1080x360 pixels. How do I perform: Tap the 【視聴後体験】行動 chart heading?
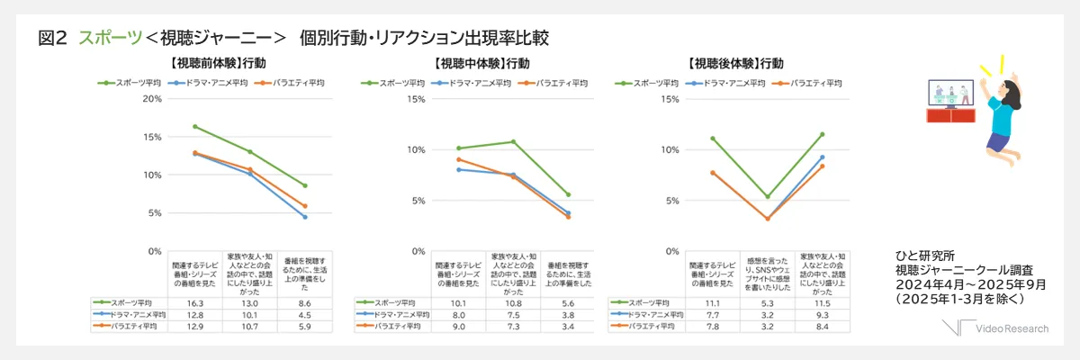734,64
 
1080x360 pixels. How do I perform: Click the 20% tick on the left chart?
152,98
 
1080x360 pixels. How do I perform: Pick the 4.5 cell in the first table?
305,315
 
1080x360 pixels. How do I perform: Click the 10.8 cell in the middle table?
514,303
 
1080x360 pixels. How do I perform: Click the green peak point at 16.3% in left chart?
195,126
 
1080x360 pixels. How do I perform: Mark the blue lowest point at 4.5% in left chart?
305,217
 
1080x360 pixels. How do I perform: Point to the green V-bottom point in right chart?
768,196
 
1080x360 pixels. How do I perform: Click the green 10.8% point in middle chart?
514,141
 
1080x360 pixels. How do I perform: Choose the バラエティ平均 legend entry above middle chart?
557,83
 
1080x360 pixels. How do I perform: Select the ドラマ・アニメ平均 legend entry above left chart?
204,83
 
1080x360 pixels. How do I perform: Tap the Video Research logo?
999,329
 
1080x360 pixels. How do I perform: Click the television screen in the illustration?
951,93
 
